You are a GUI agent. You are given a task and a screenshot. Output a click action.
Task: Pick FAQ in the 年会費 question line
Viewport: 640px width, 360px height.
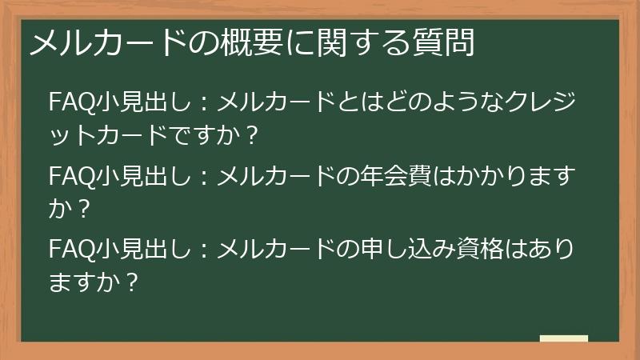70,175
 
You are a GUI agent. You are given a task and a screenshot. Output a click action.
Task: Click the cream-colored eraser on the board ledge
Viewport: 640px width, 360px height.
563,338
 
